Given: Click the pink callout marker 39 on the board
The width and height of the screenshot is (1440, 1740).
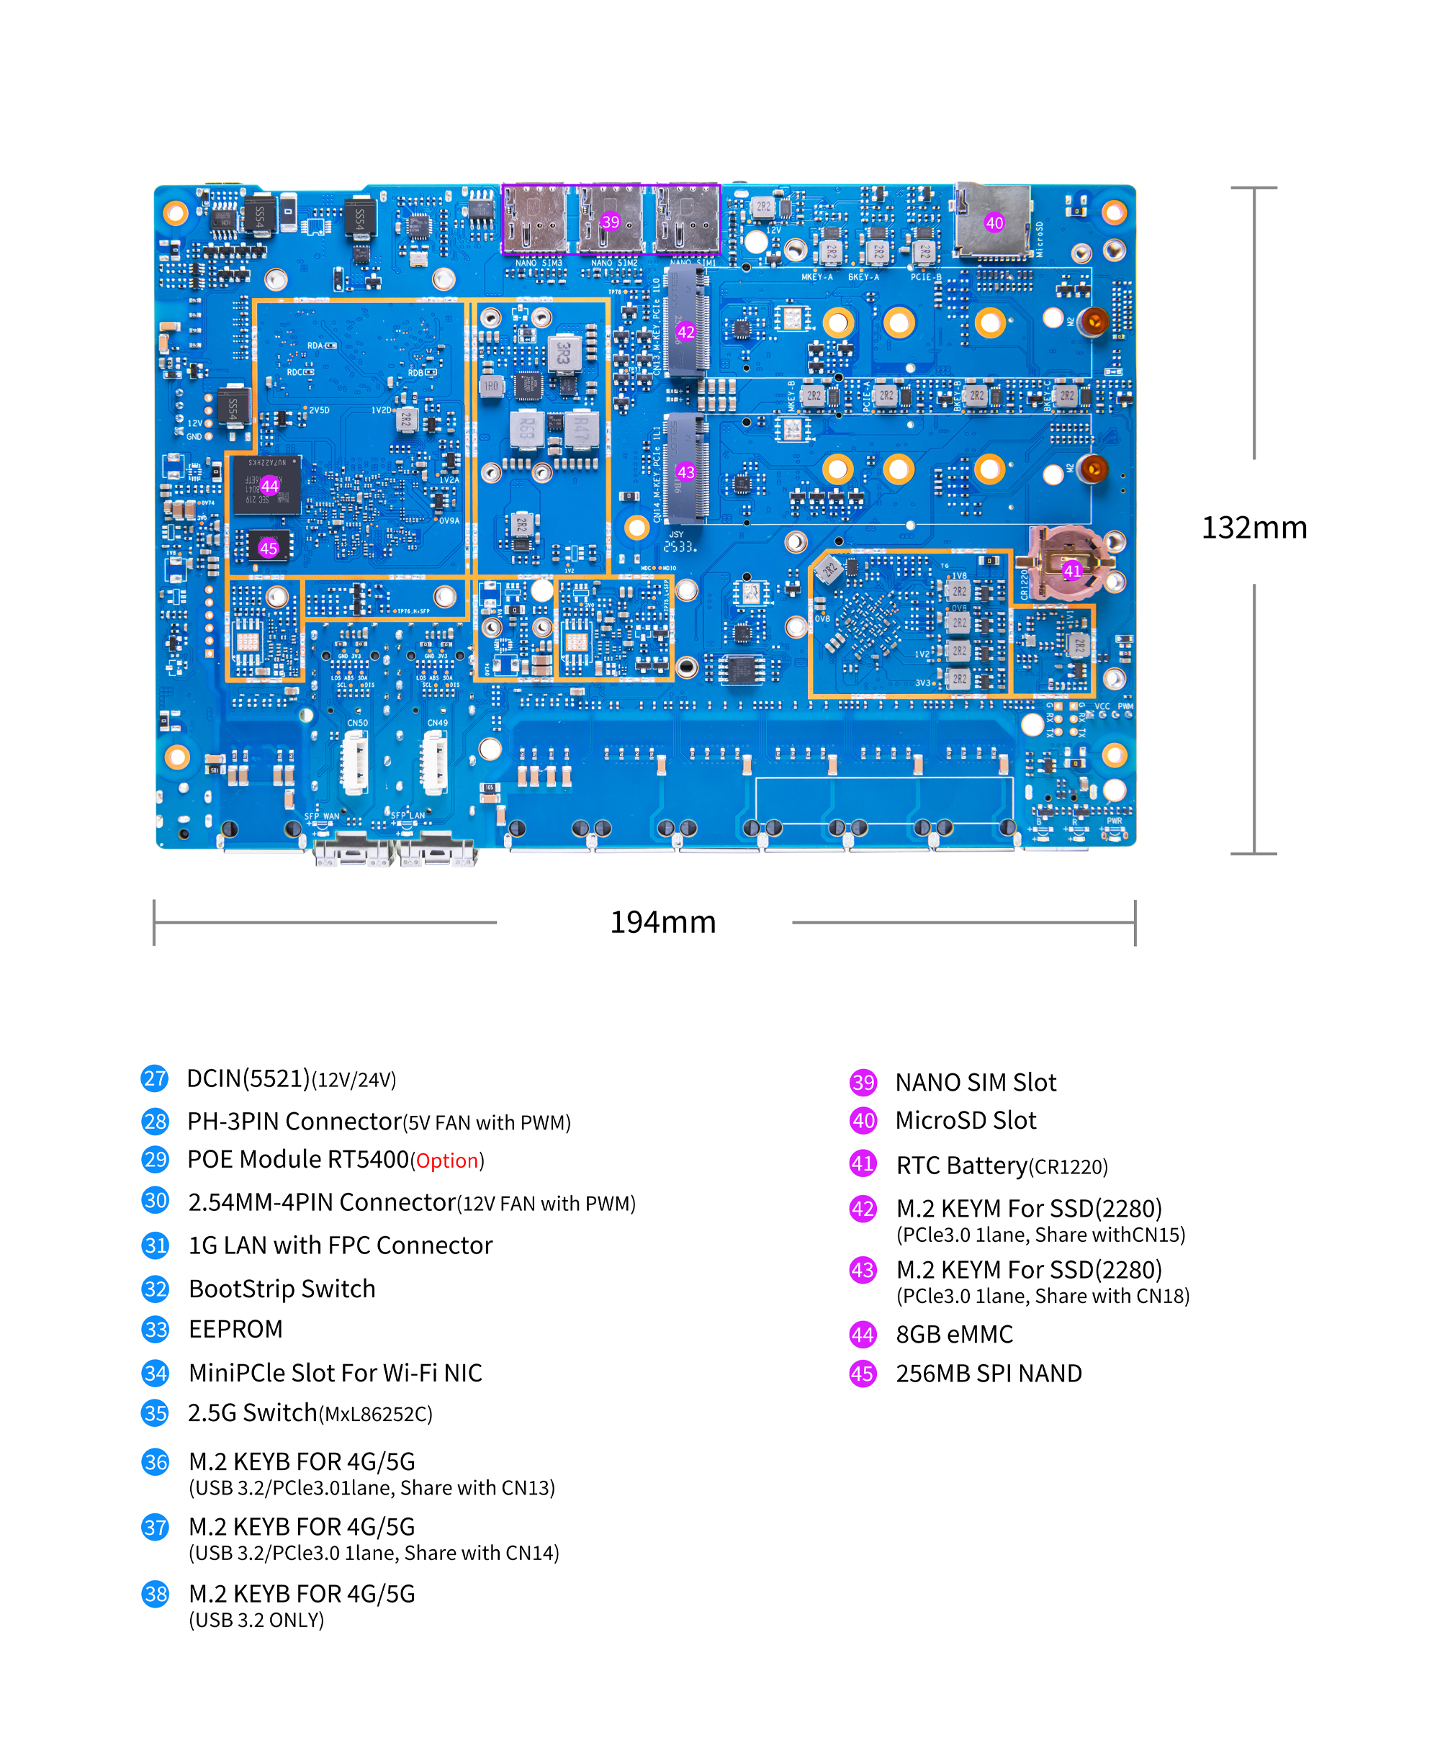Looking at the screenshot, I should (x=610, y=221).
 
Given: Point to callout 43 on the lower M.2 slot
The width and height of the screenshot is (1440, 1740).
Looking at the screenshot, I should (x=685, y=472).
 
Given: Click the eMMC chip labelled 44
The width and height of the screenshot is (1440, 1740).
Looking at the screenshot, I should (x=269, y=485).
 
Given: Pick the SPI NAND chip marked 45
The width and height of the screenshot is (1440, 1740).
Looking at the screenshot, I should (x=269, y=548).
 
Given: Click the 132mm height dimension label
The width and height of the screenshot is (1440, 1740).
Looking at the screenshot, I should (x=1253, y=527).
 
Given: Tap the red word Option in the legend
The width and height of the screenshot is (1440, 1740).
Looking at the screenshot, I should (x=446, y=1160).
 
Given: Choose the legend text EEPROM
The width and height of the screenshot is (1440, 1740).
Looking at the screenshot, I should (x=235, y=1329).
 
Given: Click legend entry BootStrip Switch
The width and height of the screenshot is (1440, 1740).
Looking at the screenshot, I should (x=282, y=1289).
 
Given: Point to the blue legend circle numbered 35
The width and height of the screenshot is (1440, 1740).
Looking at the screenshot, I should (x=155, y=1412).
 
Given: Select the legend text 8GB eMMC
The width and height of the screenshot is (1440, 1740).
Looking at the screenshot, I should (x=954, y=1334).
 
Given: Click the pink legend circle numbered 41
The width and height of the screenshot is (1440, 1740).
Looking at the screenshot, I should (x=863, y=1164).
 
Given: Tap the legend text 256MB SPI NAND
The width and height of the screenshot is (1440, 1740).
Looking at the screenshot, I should (x=988, y=1373).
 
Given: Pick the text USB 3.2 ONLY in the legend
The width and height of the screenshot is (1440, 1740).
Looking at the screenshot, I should (x=256, y=1620).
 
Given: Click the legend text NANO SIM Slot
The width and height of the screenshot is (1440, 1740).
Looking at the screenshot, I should (x=975, y=1082).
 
